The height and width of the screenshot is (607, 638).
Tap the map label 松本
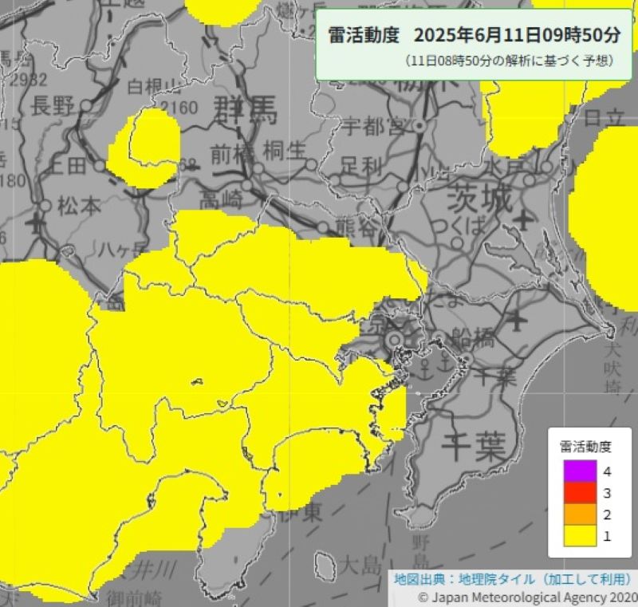coord(79,206)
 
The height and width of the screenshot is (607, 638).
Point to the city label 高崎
coord(221,197)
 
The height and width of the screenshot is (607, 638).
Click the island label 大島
coord(360,567)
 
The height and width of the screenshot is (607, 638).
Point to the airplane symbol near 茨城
coord(523,217)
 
